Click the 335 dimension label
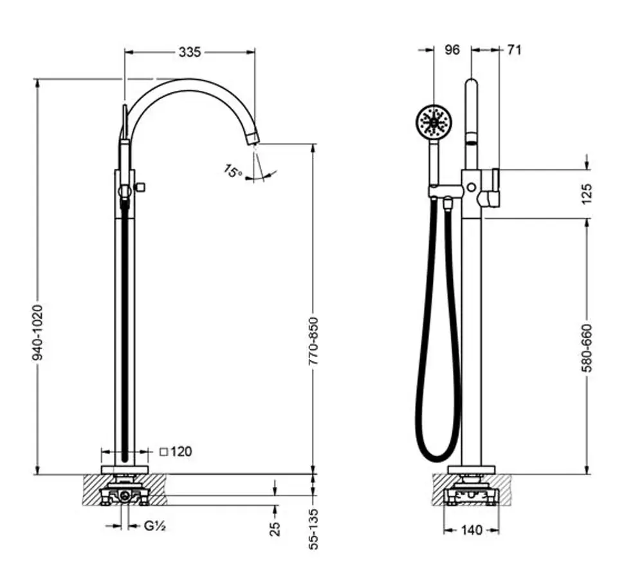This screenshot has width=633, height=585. point(190,52)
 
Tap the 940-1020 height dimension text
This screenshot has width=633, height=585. point(37,332)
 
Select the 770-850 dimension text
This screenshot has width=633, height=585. point(314,341)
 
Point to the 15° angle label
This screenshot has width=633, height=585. point(232,171)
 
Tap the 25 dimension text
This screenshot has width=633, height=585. point(275,529)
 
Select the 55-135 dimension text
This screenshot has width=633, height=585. point(314,529)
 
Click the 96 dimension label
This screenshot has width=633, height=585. point(452,50)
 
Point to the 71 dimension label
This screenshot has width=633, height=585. point(514,50)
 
